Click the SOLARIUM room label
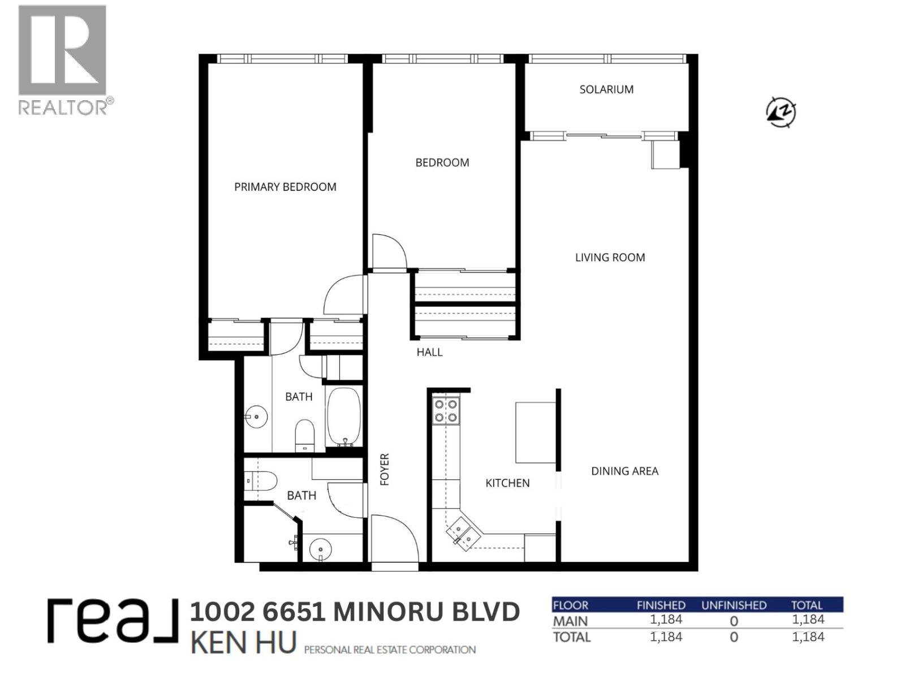606,89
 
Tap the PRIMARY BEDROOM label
285,187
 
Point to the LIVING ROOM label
610,257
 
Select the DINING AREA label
624,471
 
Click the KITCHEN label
507,483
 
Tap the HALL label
429,352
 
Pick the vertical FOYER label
385,469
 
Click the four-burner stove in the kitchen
446,411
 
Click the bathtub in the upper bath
344,418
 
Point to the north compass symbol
781,111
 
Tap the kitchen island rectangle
535,432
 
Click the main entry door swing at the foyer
394,538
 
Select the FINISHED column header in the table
661,605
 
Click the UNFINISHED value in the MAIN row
734,621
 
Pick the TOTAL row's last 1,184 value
808,637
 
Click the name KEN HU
244,643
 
